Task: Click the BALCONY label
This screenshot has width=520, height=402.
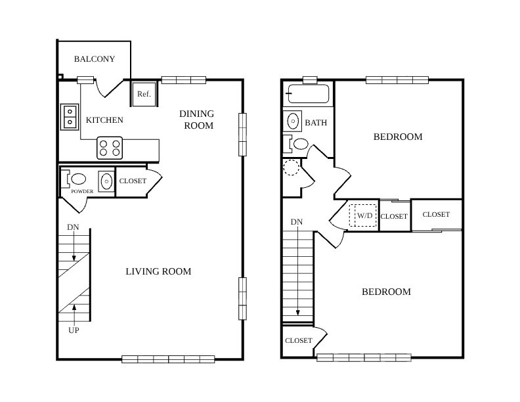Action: [x=94, y=59]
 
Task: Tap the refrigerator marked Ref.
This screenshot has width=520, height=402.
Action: [x=144, y=94]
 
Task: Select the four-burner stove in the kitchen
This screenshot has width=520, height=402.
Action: [x=110, y=148]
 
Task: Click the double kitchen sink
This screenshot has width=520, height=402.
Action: [x=70, y=117]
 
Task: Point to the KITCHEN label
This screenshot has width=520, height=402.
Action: [x=104, y=120]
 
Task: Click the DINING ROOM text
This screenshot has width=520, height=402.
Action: [x=197, y=120]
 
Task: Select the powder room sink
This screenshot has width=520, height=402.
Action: [x=106, y=181]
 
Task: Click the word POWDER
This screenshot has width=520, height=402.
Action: [x=82, y=191]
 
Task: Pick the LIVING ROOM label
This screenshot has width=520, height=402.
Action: [x=158, y=271]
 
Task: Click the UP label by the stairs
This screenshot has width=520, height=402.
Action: [x=74, y=330]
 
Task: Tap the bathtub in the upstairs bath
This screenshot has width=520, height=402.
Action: [x=308, y=94]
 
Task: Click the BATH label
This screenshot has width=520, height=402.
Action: [x=316, y=123]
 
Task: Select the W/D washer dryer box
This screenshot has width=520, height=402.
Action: [x=363, y=215]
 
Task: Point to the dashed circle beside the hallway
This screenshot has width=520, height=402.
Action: [x=291, y=167]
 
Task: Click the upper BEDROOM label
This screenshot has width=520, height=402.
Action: [x=398, y=137]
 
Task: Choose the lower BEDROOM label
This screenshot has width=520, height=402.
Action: [x=386, y=292]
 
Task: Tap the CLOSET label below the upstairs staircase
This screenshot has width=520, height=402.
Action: [x=299, y=341]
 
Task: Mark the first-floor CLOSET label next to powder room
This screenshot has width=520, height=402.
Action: [x=133, y=181]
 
